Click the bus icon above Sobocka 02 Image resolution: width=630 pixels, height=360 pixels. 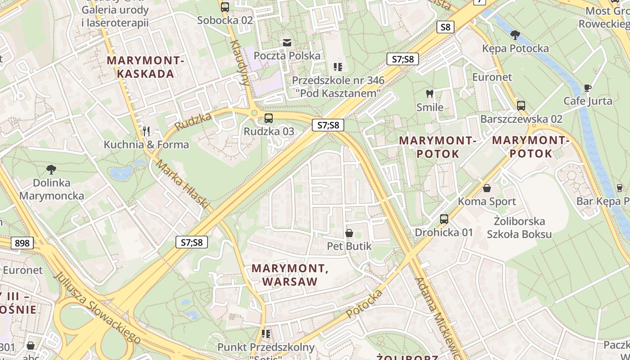click(225, 7)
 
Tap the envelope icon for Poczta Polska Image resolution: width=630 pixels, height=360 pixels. click(287, 43)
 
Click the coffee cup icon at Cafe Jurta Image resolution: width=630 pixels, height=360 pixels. click(587, 88)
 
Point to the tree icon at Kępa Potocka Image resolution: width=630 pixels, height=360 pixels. click(515, 35)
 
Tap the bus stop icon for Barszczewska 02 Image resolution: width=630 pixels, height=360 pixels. click(521, 106)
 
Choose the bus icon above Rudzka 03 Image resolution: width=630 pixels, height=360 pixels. click(269, 118)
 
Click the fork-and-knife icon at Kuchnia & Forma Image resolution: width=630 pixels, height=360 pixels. click(146, 131)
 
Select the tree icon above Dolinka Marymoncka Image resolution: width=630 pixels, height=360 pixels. click(51, 170)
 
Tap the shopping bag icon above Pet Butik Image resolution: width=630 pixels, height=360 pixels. click(349, 233)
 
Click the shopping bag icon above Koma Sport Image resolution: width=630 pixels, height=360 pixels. click(486, 188)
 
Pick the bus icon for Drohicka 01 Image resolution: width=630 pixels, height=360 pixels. click(444, 219)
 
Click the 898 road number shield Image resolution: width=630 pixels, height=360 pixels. click(22, 243)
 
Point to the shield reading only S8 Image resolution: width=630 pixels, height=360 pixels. click(445, 27)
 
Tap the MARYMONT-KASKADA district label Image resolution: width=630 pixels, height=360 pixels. click(146, 67)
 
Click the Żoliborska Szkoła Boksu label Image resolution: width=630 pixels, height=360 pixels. click(519, 228)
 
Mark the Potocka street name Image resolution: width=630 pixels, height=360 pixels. click(364, 304)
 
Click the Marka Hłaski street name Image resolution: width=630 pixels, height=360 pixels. click(183, 185)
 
